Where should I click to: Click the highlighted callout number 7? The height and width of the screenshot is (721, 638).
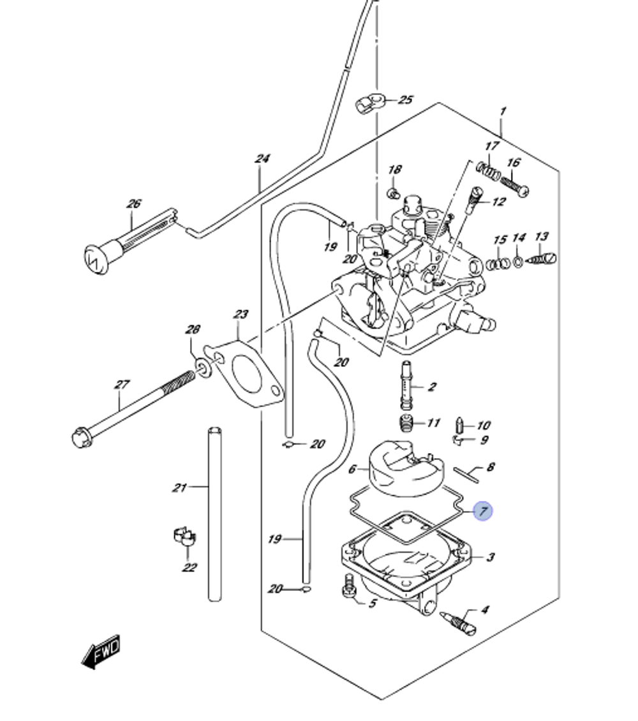click(x=484, y=510)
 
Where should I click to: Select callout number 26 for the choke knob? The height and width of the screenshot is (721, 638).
click(x=133, y=204)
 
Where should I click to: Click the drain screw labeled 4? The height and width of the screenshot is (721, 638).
click(x=461, y=622)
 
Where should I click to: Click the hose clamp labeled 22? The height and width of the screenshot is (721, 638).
click(x=184, y=537)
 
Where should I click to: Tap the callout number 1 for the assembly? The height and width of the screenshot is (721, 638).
click(x=503, y=112)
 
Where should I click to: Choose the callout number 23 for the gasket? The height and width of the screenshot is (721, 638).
click(x=240, y=314)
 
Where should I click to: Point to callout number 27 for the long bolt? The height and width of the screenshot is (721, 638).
click(x=121, y=385)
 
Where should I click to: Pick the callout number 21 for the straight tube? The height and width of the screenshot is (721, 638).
click(x=179, y=488)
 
